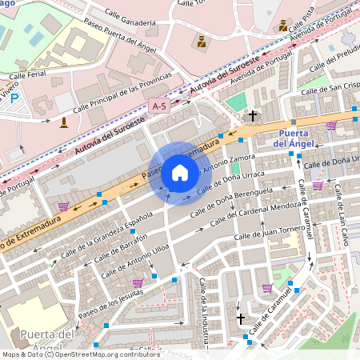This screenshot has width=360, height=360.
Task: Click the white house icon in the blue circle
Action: click(x=180, y=172)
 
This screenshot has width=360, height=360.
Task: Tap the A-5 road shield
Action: click(x=160, y=105)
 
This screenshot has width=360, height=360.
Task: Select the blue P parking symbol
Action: click(x=14, y=97)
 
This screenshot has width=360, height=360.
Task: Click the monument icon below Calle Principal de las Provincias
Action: click(x=64, y=122)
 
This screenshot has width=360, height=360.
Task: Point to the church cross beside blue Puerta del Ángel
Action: click(x=253, y=116)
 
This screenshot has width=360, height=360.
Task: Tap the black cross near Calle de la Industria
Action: click(x=241, y=318)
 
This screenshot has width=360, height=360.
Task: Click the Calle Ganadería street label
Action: click(x=129, y=23)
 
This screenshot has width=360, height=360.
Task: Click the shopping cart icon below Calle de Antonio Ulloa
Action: click(x=138, y=283)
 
